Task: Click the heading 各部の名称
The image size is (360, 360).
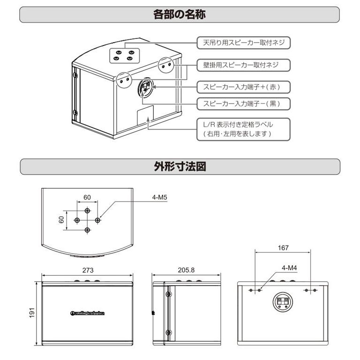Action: (x=180, y=14)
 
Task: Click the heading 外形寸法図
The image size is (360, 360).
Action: (x=180, y=166)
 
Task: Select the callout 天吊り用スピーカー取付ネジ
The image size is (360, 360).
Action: (x=240, y=43)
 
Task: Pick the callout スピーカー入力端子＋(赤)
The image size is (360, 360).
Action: (x=240, y=87)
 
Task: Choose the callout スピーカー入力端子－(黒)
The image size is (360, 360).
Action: (x=240, y=104)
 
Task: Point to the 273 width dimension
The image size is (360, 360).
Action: (x=88, y=270)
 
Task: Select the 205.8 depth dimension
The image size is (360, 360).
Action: (x=186, y=270)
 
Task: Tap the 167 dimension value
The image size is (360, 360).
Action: (x=283, y=248)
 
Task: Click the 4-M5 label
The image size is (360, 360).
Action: (x=159, y=198)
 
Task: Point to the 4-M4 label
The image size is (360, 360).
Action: (x=289, y=268)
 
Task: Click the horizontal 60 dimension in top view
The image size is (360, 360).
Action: (x=87, y=197)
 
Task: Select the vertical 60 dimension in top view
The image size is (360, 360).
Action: (x=62, y=219)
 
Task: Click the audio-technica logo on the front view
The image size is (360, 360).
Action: (x=89, y=314)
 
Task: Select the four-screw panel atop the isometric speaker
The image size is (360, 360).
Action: (x=125, y=55)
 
